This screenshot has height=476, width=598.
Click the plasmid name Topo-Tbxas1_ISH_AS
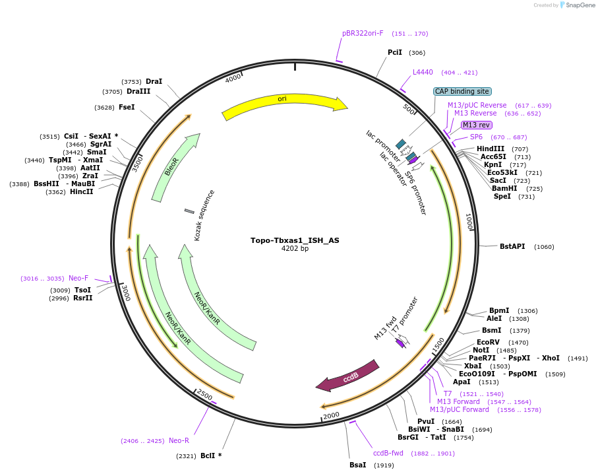pos(295,240)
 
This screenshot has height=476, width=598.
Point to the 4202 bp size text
pos(295,249)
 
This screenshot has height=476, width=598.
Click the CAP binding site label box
pos(462,91)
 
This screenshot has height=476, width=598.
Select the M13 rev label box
pos(476,125)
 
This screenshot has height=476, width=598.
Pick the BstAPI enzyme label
pos(512,247)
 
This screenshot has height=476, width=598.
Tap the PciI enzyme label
pos(395,52)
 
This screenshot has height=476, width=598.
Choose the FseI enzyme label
pos(127,107)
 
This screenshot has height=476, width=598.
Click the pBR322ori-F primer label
pos(363,33)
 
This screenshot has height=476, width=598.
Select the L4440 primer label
pos(423,72)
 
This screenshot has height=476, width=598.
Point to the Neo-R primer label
pos(179,440)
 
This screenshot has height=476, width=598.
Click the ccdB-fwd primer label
pos(388,453)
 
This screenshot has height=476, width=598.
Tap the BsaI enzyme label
pos(357,465)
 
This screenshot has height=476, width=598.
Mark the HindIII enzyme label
pos(491,149)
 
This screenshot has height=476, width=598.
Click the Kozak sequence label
pos(204,215)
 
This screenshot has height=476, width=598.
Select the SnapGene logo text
pos(579,5)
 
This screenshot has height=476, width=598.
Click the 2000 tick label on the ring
pos(330,415)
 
